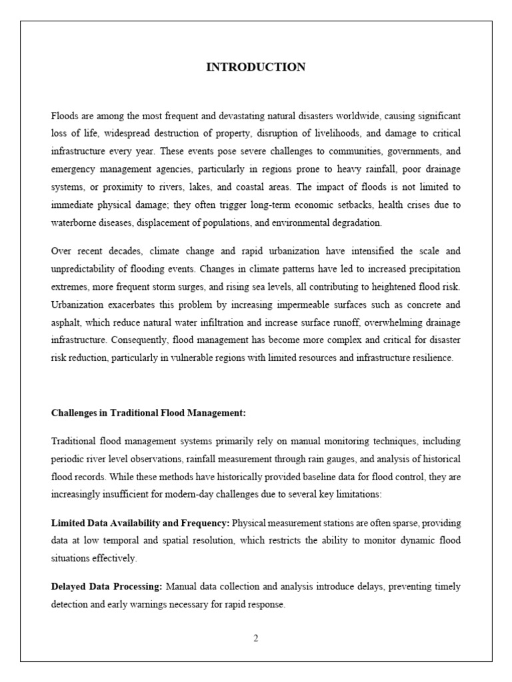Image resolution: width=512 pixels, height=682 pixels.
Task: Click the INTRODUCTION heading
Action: tap(256, 67)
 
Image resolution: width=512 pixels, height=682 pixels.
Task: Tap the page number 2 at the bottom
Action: tap(255, 638)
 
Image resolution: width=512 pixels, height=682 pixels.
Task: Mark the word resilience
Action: tap(431, 358)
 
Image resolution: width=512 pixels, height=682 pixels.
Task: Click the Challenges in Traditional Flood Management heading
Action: tap(149, 413)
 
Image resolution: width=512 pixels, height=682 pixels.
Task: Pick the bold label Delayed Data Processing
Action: tap(107, 587)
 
